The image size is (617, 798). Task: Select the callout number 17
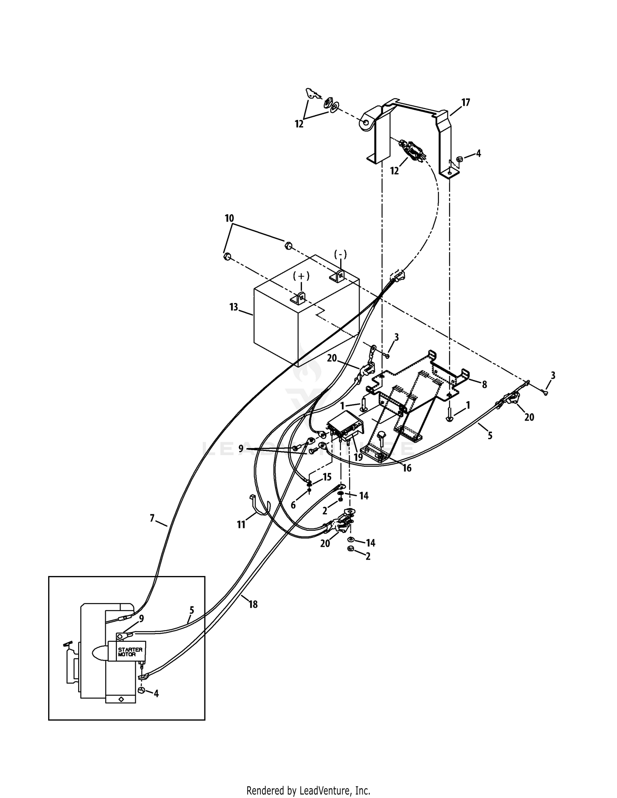click(x=465, y=102)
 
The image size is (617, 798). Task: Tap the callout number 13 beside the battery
click(x=234, y=307)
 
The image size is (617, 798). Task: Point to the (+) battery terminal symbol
click(x=302, y=275)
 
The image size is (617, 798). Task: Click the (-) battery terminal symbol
click(x=341, y=254)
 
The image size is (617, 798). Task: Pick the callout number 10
click(x=229, y=218)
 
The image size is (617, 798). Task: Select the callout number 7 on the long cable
click(x=152, y=518)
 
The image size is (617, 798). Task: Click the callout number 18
click(x=253, y=604)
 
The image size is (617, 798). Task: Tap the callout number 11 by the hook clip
click(x=241, y=525)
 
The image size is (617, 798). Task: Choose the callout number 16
click(x=407, y=468)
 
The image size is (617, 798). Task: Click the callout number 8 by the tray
click(x=484, y=384)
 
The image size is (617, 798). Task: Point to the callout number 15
click(x=327, y=477)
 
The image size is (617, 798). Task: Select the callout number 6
click(x=293, y=505)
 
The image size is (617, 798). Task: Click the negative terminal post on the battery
click(x=338, y=276)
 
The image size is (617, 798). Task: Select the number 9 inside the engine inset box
click(x=141, y=618)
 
